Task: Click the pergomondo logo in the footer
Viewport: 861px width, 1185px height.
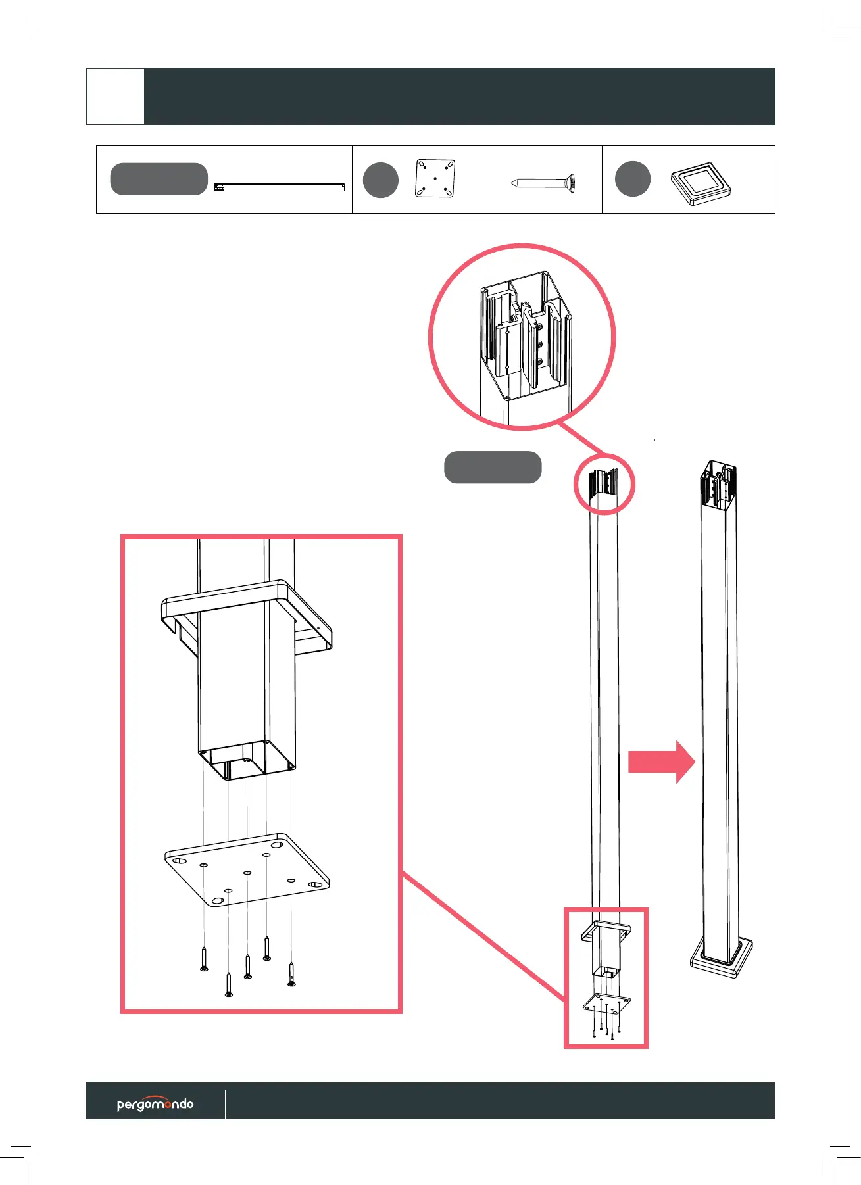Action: coord(155,1104)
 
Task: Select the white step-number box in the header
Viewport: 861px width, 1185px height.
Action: coord(116,96)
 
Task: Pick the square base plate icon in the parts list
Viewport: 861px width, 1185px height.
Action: coord(435,178)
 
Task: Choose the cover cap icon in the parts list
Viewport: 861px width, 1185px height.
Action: coord(701,184)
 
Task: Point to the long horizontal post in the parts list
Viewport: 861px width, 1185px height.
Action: coord(280,187)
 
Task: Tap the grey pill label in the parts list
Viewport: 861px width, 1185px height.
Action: coord(159,179)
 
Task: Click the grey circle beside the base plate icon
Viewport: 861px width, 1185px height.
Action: coord(381,180)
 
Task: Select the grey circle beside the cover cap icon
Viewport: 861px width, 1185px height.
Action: coord(633,179)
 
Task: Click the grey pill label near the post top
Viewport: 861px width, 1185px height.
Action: coord(493,468)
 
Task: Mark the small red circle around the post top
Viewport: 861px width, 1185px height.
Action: coord(604,484)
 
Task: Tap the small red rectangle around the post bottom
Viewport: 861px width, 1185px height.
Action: coord(606,977)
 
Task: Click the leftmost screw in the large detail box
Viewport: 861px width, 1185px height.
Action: coord(204,958)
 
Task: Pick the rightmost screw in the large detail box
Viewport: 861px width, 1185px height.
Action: coord(291,974)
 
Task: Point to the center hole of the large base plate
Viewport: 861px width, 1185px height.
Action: coord(247,873)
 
